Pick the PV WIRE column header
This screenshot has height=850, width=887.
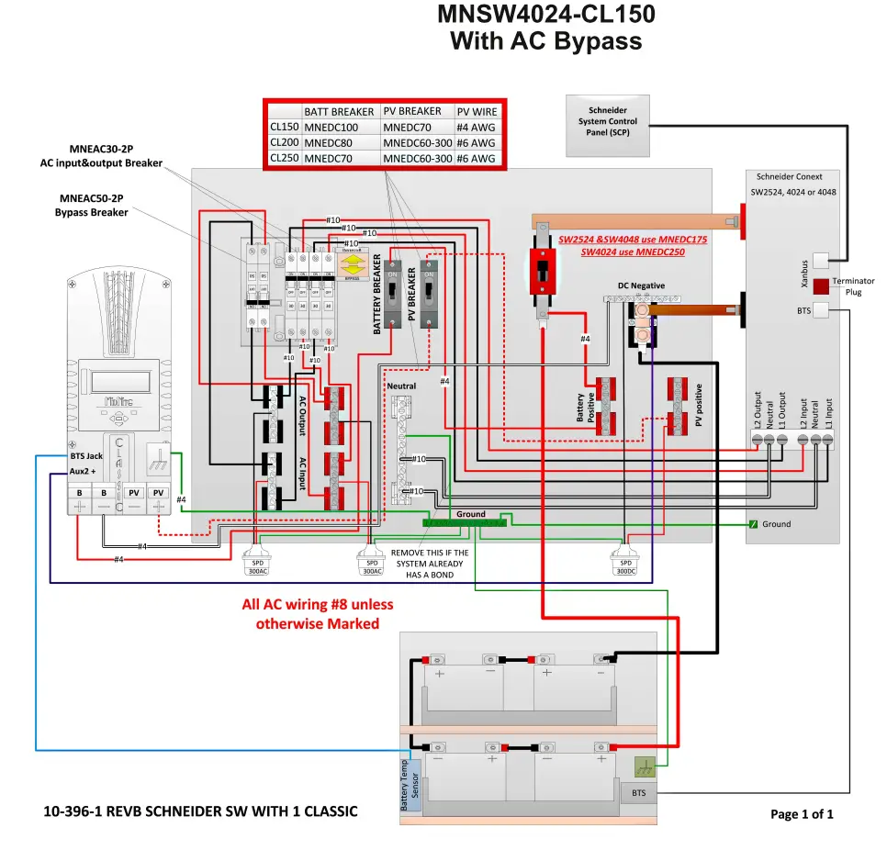click(477, 112)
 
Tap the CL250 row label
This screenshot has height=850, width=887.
click(284, 158)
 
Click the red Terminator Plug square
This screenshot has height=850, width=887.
click(821, 285)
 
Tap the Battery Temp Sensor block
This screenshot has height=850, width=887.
click(409, 784)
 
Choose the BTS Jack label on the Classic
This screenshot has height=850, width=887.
click(86, 455)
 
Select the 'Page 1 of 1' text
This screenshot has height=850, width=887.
click(802, 813)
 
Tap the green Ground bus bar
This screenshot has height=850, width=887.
click(465, 523)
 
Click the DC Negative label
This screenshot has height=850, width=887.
click(641, 285)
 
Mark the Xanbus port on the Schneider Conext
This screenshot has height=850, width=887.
click(823, 262)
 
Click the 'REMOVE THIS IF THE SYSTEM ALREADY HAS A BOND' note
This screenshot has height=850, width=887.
click(430, 564)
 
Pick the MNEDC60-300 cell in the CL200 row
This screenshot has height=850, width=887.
click(417, 143)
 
